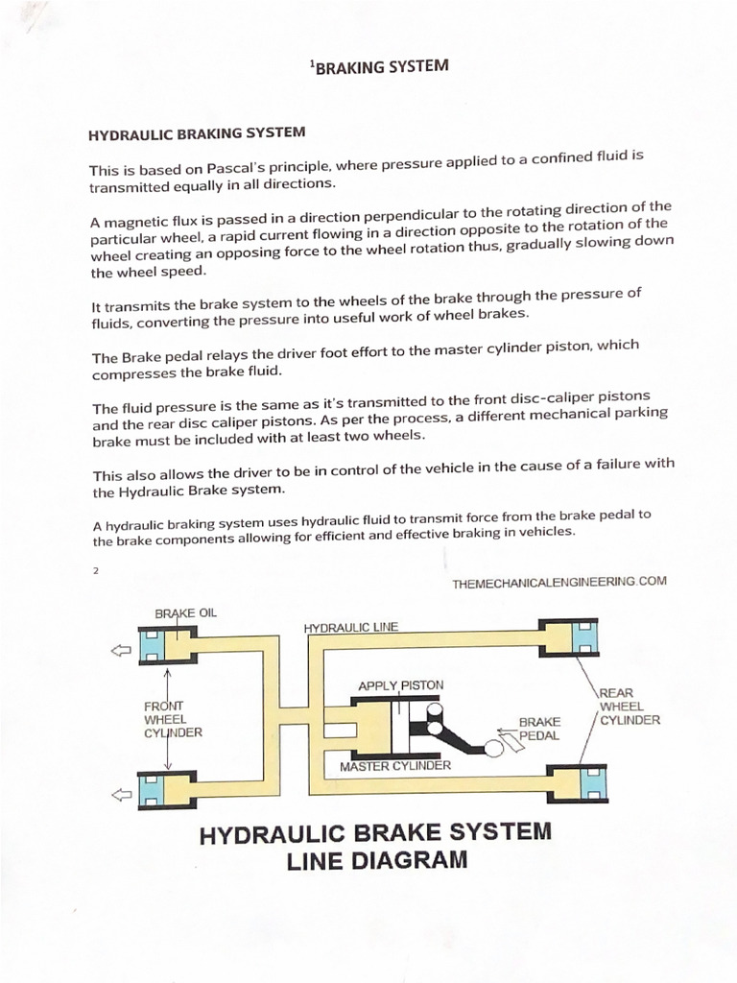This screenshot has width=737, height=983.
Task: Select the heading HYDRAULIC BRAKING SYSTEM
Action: [x=197, y=133]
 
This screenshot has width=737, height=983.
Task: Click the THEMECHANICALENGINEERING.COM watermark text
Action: [x=559, y=582]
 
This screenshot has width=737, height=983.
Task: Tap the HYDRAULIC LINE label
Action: [x=351, y=628]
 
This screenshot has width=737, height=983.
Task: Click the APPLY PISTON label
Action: [x=400, y=685]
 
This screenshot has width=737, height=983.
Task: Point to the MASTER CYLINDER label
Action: [x=394, y=766]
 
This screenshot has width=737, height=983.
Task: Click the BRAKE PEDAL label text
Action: [x=539, y=729]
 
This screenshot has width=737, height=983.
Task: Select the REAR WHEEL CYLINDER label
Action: [x=629, y=707]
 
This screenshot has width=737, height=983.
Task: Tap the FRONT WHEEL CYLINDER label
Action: [x=173, y=719]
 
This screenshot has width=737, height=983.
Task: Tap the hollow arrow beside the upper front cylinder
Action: [x=120, y=651]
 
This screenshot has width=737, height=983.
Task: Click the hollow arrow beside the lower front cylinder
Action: [x=120, y=794]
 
